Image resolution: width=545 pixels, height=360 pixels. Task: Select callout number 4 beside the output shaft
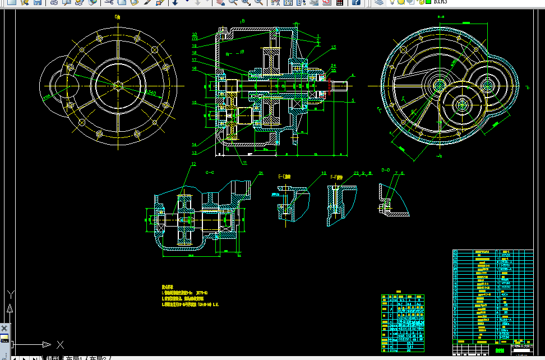(353, 75)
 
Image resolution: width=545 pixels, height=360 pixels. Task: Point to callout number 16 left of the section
(194, 69)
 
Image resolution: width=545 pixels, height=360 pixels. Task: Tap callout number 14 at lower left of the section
(194, 144)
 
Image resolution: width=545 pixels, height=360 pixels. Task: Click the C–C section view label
(211, 173)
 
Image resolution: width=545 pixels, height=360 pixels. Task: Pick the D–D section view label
(386, 169)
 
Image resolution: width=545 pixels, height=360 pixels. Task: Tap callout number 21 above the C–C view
(261, 174)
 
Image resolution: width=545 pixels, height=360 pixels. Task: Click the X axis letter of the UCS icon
(61, 344)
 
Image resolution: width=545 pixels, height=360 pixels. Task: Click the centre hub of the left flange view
(117, 86)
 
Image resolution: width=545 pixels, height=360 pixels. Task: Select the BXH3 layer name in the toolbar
(441, 2)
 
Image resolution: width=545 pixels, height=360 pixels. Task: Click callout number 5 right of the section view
(353, 100)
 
